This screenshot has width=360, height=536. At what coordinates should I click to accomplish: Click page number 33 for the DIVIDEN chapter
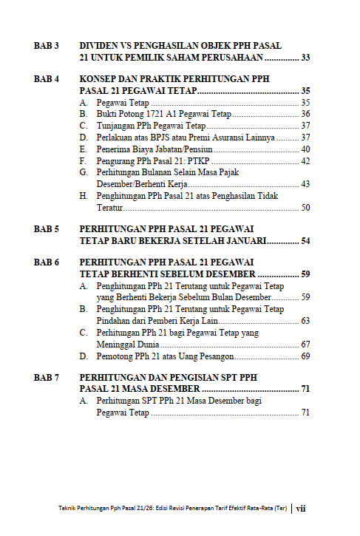[305, 57]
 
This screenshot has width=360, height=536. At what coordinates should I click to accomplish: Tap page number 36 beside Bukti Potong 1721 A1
[305, 115]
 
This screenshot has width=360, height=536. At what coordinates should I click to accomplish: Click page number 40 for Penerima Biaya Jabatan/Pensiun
[305, 149]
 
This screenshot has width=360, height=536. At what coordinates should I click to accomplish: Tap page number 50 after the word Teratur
[305, 208]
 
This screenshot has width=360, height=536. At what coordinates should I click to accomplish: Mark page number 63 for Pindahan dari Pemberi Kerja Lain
[305, 321]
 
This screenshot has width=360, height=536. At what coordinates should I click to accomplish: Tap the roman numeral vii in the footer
[301, 509]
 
